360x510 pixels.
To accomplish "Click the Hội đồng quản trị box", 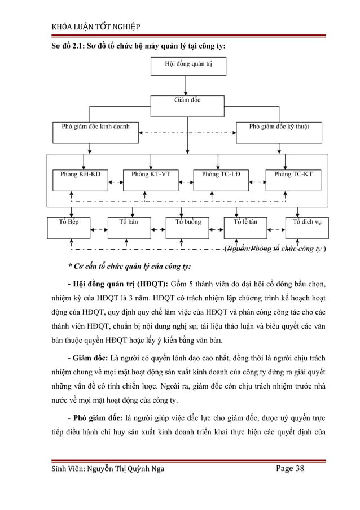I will click(188, 66).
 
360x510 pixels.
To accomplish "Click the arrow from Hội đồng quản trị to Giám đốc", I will click(188, 85).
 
